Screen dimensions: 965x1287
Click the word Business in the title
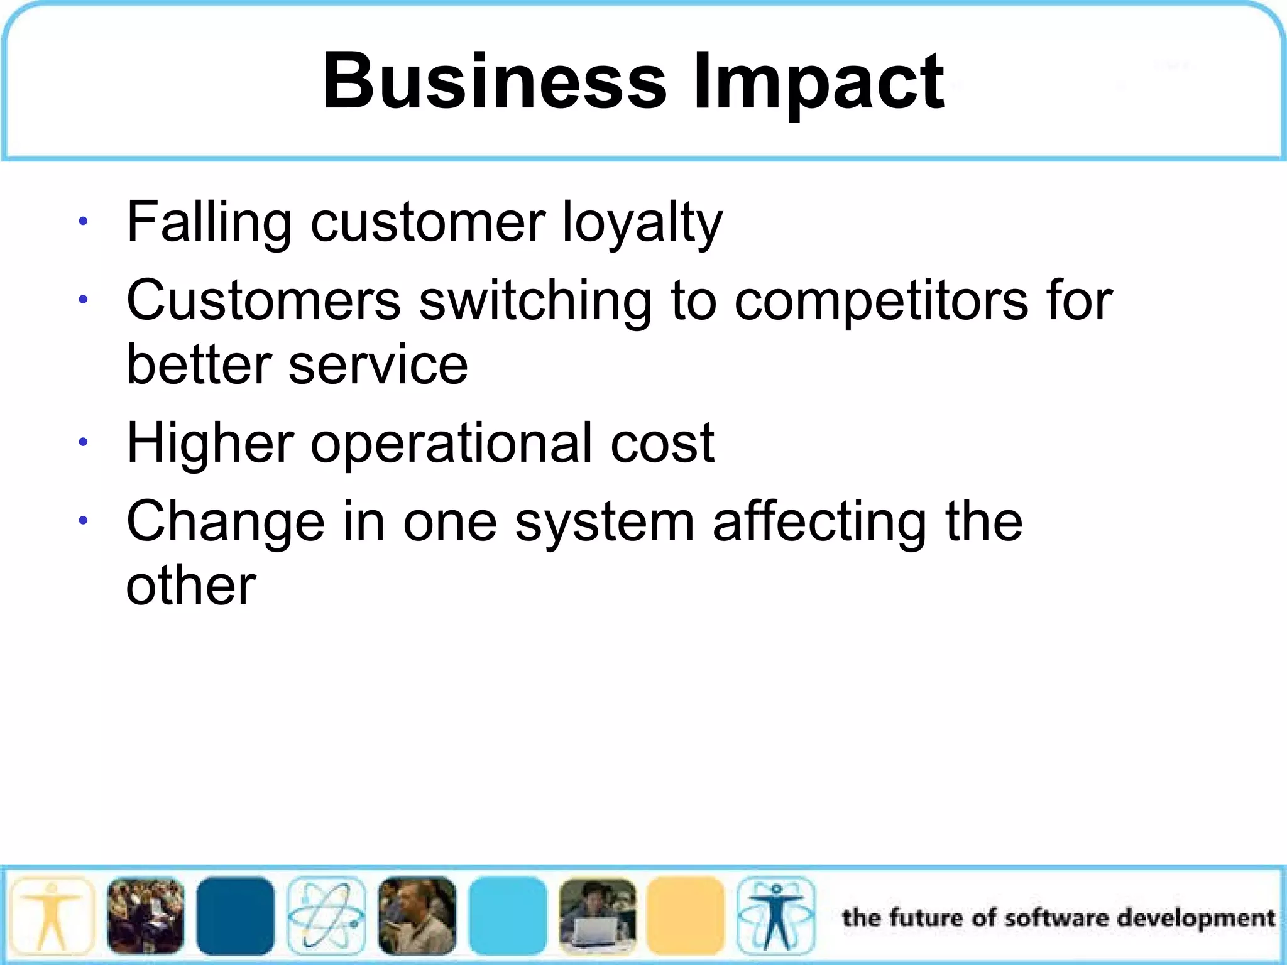494,82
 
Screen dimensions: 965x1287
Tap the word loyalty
642,223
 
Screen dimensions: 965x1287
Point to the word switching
535,302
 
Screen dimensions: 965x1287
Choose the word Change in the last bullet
226,523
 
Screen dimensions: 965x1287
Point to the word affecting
819,523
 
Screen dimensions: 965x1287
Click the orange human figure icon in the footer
52,915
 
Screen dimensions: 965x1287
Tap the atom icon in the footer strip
326,915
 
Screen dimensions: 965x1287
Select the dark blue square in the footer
236,915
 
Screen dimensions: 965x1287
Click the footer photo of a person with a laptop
598,915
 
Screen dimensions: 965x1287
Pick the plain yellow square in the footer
686,915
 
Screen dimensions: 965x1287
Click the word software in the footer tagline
1056,918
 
